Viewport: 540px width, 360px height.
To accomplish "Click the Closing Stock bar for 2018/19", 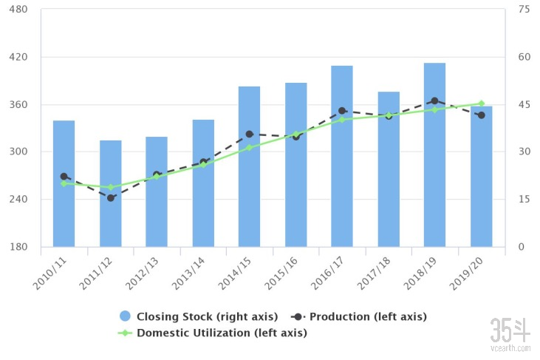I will click(434, 155).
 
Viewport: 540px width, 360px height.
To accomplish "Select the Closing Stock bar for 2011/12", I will click(111, 194).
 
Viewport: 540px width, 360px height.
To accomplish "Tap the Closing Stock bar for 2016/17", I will click(342, 156).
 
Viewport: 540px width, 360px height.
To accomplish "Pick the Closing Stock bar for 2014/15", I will click(249, 166).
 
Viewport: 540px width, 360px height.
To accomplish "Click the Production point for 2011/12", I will click(111, 198).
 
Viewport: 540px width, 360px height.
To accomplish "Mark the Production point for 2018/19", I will click(434, 101).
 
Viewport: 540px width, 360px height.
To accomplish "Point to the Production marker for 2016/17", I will click(342, 111).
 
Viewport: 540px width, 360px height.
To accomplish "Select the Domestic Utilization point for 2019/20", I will click(481, 104).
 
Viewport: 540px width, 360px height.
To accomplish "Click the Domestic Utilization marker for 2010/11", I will click(64, 183).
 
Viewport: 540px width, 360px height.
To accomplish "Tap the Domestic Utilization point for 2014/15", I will click(249, 148).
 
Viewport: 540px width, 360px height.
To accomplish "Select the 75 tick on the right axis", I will click(524, 10).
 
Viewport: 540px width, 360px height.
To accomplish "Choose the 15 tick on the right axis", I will click(524, 200).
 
